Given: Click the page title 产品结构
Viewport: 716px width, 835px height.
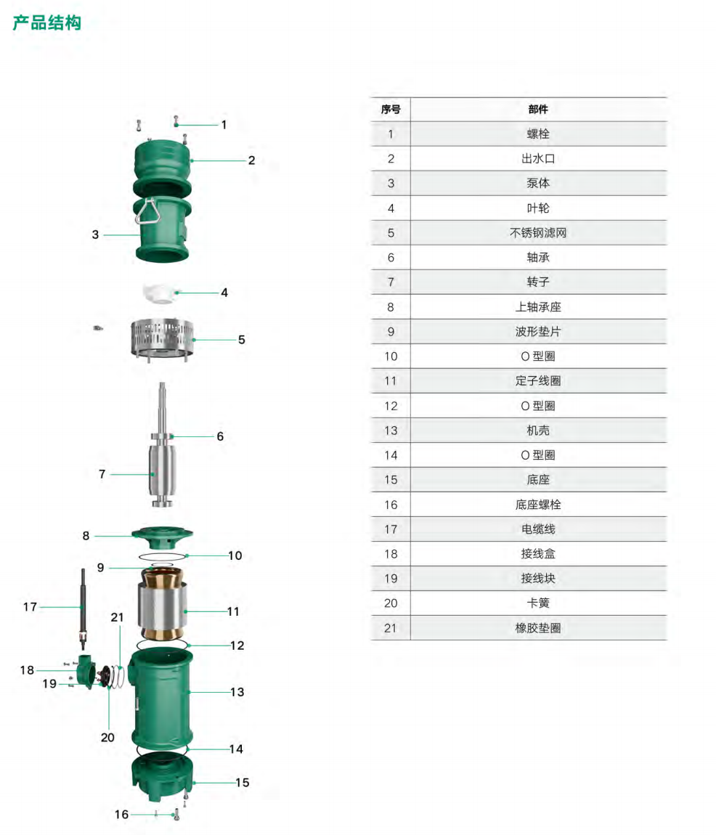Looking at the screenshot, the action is click(x=47, y=23).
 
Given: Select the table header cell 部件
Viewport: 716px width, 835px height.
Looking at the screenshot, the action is click(x=538, y=109).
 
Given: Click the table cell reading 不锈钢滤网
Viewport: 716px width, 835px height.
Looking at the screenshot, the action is click(x=538, y=233).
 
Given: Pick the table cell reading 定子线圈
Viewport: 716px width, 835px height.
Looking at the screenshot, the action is click(x=538, y=380).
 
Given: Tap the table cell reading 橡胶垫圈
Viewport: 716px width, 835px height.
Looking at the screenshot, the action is click(x=538, y=628).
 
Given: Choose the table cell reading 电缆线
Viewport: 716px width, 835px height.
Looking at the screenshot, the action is click(x=538, y=529).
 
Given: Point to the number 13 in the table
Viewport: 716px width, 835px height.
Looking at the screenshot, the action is click(x=391, y=431).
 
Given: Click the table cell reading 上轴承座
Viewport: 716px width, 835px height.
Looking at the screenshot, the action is click(x=538, y=306).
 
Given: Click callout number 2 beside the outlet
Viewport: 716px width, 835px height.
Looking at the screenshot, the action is click(x=251, y=160).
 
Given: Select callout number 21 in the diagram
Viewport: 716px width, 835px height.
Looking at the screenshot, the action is click(x=117, y=617).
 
